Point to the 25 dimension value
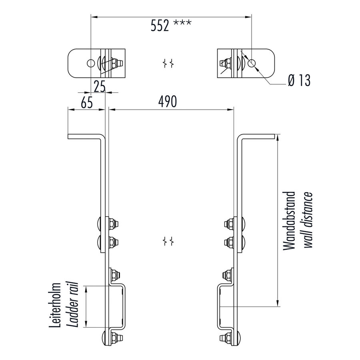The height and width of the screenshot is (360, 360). click(x=100, y=85)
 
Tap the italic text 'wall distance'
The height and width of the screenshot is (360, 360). click(x=307, y=221)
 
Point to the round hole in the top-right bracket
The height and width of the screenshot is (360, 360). click(x=252, y=62)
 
